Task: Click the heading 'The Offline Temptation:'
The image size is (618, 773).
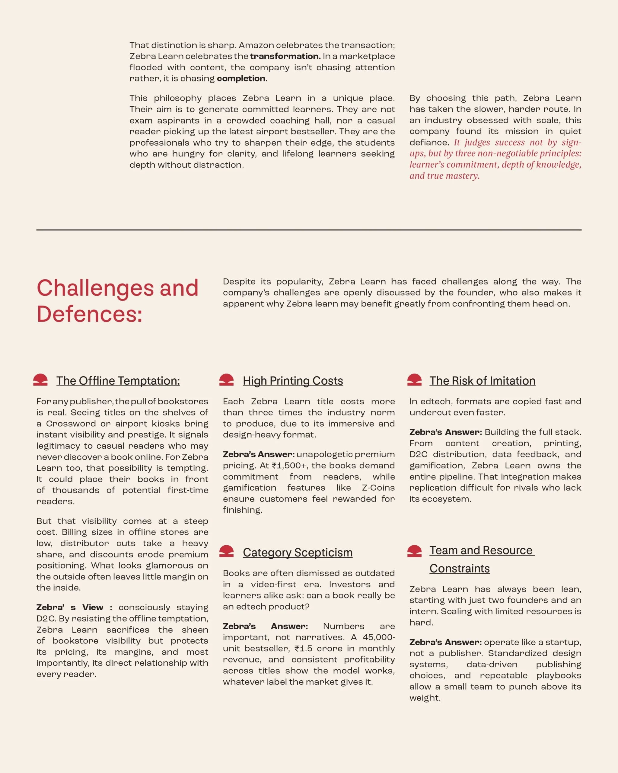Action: (x=118, y=381)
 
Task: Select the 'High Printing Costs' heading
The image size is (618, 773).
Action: (x=293, y=381)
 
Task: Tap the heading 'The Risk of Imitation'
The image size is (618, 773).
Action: (x=482, y=381)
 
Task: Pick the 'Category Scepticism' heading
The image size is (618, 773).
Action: (x=297, y=553)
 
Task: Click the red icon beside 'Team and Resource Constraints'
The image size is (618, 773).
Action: (x=414, y=551)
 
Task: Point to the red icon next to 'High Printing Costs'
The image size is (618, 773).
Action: (x=226, y=380)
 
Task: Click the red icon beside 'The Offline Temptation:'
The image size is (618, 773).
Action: (x=40, y=380)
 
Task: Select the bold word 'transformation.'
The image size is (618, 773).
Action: (x=285, y=56)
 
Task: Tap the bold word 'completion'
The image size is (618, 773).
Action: (x=241, y=79)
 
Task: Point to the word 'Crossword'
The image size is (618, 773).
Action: (x=71, y=424)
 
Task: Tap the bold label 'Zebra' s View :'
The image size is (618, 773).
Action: (x=75, y=607)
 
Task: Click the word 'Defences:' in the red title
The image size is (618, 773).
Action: (x=90, y=314)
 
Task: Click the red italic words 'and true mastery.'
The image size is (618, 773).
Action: (x=444, y=176)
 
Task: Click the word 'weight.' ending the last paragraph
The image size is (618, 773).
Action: (x=425, y=698)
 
